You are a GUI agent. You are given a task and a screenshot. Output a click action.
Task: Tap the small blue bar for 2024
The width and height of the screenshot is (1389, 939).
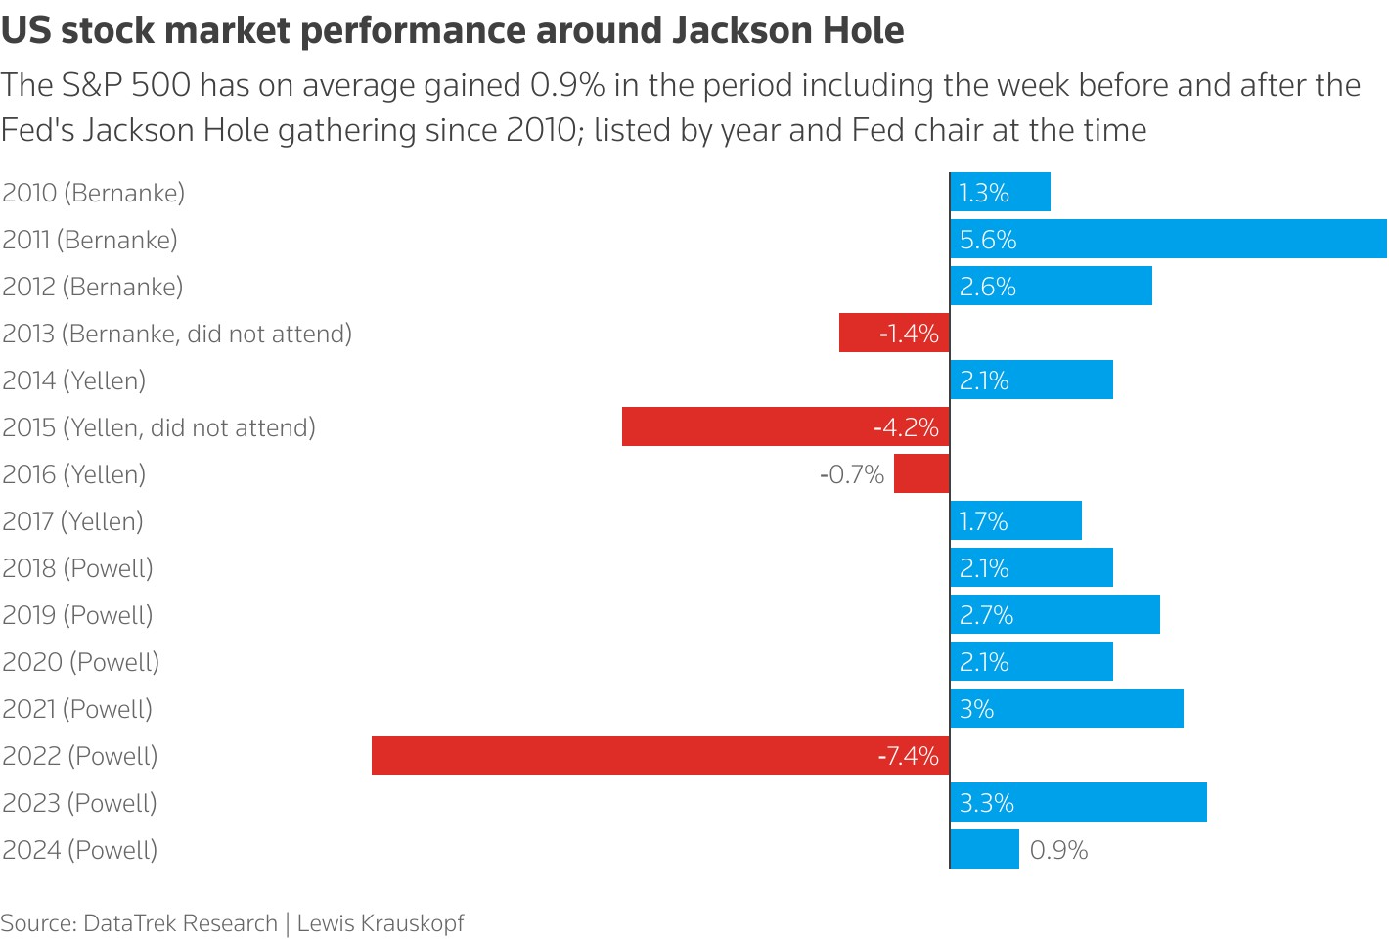tap(984, 849)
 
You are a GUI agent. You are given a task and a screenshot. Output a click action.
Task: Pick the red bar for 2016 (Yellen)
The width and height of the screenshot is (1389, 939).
tap(921, 473)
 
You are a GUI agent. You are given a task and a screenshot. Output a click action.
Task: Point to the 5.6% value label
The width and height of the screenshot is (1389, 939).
tap(988, 240)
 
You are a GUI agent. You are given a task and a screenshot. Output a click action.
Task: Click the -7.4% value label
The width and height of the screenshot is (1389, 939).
tap(909, 756)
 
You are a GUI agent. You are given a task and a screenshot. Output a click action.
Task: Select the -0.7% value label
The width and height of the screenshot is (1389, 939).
tap(851, 474)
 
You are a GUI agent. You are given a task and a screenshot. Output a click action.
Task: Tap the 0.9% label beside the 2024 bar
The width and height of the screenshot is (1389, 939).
tap(1058, 850)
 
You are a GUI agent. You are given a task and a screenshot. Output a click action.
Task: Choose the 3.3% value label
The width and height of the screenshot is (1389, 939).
tap(987, 803)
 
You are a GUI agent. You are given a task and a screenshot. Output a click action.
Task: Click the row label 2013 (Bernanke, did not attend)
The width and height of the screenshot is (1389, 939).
tap(177, 334)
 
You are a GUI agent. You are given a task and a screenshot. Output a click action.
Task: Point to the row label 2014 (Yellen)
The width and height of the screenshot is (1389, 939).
tap(74, 380)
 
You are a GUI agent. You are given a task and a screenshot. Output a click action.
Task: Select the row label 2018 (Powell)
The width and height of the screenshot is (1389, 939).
tap(78, 568)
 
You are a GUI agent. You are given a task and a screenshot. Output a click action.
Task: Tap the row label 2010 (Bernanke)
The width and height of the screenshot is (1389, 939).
tap(94, 193)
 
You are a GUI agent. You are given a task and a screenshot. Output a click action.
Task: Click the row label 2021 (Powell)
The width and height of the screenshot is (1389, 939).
tap(77, 709)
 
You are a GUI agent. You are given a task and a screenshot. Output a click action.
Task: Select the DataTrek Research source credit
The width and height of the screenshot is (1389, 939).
tap(180, 923)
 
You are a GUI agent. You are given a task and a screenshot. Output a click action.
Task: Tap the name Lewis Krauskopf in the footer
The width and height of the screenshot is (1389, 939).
tap(381, 923)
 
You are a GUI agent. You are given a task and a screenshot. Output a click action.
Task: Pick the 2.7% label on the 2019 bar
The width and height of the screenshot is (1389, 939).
tap(986, 615)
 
